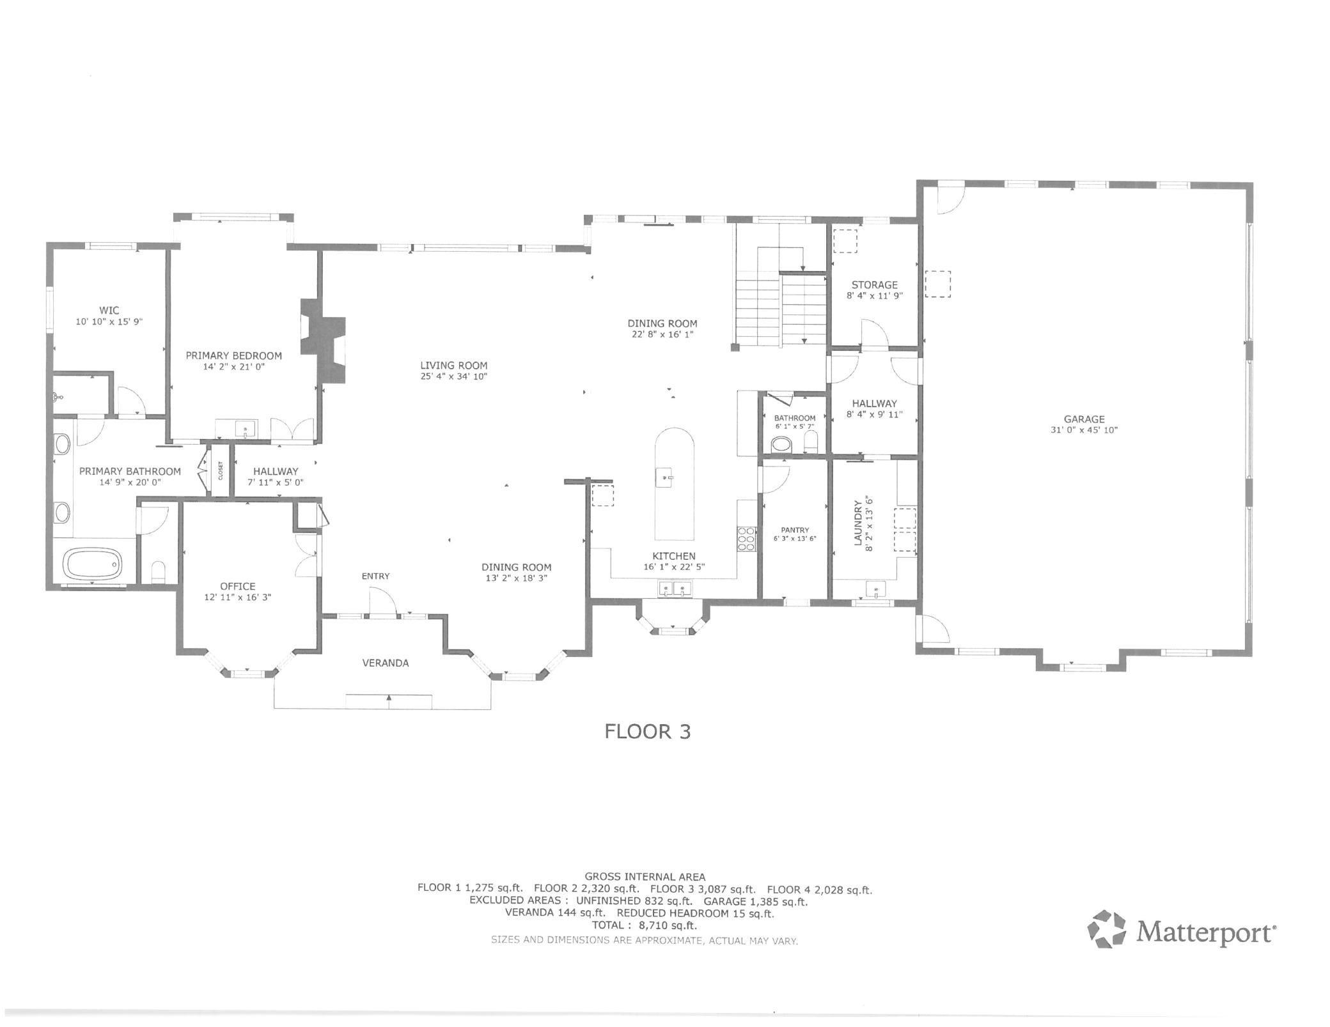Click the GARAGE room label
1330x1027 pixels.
click(1084, 419)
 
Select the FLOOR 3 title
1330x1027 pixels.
click(647, 731)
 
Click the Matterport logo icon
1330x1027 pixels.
click(1106, 929)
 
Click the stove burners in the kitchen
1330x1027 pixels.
click(746, 539)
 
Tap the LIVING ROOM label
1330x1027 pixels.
click(453, 366)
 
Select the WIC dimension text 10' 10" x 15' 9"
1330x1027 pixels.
click(109, 322)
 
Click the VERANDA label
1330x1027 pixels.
click(385, 663)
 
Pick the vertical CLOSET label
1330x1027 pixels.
click(221, 471)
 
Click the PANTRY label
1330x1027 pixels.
click(794, 530)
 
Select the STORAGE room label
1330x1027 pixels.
click(874, 285)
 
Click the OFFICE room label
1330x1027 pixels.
click(237, 586)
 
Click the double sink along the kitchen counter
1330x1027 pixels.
click(675, 589)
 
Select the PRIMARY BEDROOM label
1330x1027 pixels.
click(233, 355)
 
